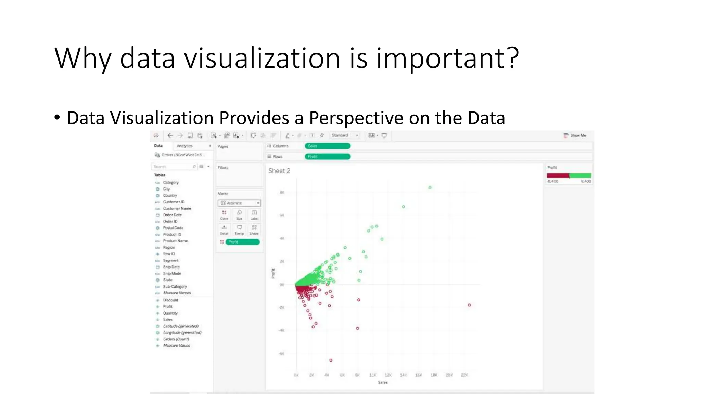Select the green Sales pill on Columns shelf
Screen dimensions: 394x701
[x=327, y=146]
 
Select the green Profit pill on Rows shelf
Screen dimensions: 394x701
[x=327, y=157]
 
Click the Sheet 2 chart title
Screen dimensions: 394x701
[x=279, y=171]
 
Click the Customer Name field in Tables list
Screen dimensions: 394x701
[x=177, y=209]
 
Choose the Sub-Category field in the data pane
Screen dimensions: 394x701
[x=175, y=287]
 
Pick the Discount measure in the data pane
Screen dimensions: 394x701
[x=170, y=300]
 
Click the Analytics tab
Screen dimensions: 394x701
[x=184, y=146]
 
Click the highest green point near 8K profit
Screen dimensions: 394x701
[x=430, y=187]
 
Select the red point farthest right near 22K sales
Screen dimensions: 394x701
[x=469, y=305]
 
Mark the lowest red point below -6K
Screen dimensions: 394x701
[x=331, y=360]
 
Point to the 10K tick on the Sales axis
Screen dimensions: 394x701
[x=372, y=375]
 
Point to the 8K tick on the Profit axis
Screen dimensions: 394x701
[x=282, y=193]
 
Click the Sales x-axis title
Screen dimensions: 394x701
[x=383, y=383]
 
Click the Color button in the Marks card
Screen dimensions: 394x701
[x=224, y=215]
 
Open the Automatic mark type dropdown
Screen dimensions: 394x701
[x=239, y=203]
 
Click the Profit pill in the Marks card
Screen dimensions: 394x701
[x=242, y=242]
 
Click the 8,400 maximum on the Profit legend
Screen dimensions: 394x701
[x=586, y=181]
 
